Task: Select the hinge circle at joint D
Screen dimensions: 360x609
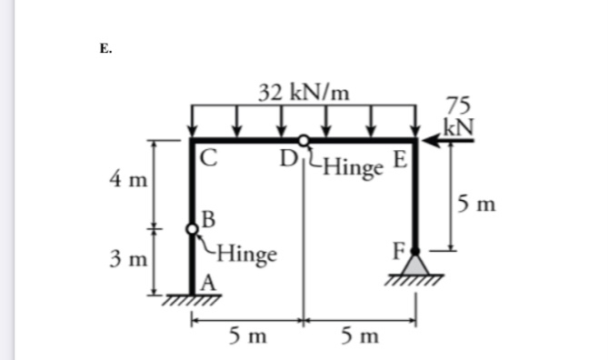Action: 304,140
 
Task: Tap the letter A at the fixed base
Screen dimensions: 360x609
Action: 207,283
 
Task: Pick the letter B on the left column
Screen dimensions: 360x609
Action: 208,219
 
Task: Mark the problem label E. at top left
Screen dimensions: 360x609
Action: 107,50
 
